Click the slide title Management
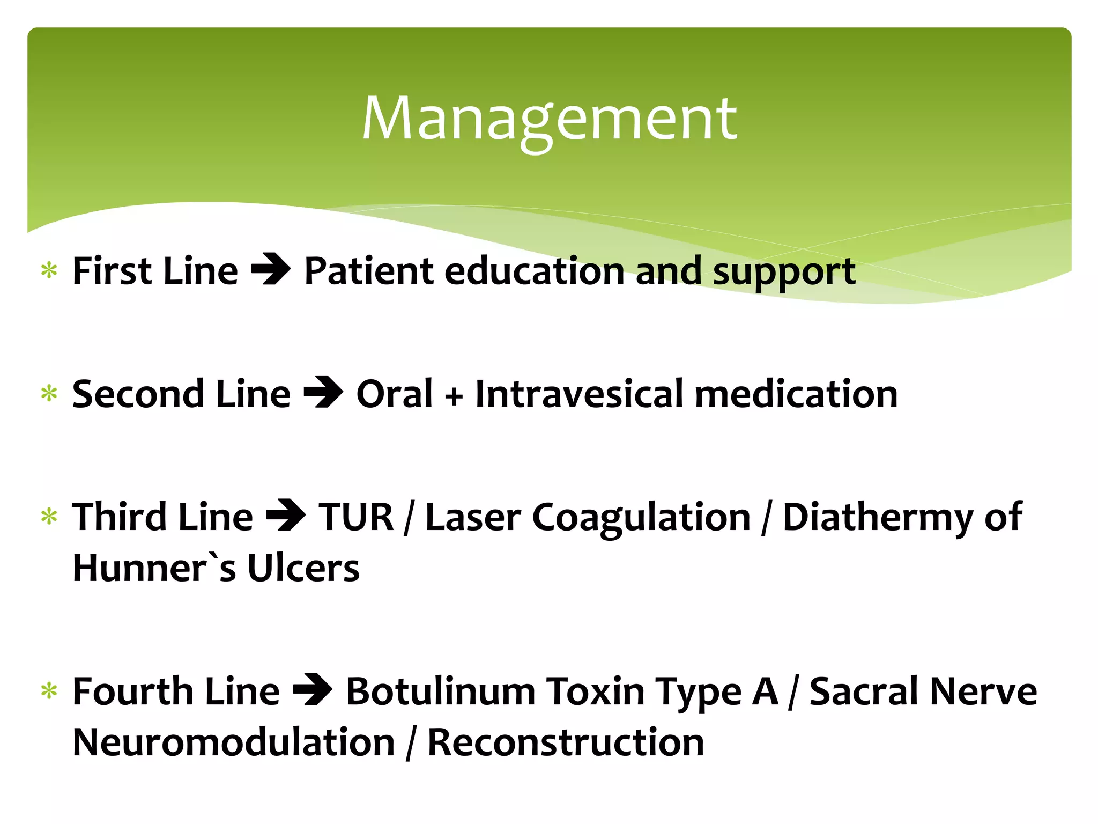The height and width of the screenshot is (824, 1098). [549, 119]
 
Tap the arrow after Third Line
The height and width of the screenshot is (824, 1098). [286, 516]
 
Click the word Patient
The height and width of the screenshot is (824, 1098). [369, 271]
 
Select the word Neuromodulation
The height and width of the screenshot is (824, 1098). [234, 742]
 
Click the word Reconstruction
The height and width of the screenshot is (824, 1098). [565, 742]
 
